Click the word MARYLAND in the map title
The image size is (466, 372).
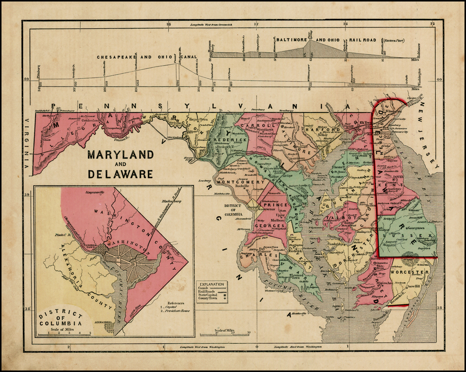point(121,154)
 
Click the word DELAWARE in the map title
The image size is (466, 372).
point(121,173)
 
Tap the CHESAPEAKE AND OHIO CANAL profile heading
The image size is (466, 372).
point(147,57)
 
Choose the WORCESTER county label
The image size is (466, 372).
point(409,272)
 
